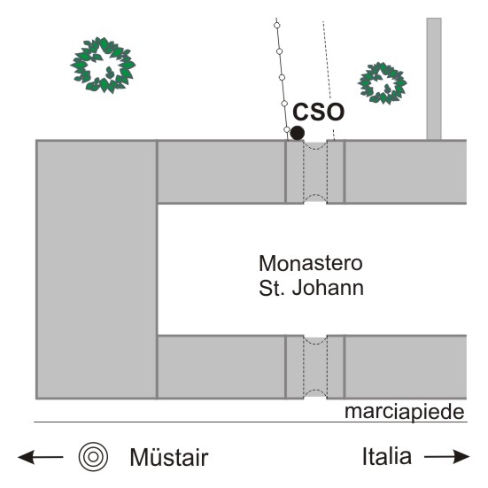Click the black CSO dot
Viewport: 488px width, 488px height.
point(298,133)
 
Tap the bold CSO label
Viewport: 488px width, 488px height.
point(318,112)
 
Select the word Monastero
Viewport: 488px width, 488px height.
point(311,263)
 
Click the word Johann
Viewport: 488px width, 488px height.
point(328,288)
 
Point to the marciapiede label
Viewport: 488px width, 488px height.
point(404,412)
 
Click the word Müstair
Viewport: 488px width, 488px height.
point(169,457)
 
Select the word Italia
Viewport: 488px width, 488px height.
point(387,456)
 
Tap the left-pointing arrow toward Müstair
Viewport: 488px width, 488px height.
point(41,457)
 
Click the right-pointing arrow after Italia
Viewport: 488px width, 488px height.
point(447,457)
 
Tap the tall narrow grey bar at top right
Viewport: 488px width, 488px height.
point(434,79)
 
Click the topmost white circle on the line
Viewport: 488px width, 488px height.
point(276,26)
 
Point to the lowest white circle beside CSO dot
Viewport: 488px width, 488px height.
point(287,129)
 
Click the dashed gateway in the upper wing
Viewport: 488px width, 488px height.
point(315,172)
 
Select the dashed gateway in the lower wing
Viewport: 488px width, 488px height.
point(315,367)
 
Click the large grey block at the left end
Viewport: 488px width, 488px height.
point(97,269)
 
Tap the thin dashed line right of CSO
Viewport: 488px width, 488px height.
point(329,81)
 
